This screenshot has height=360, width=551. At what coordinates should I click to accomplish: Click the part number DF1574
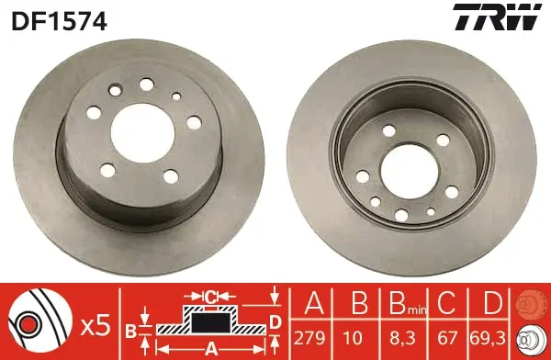59,20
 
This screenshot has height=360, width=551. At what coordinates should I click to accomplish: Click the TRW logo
497,17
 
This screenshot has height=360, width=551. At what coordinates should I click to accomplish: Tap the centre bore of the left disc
142,133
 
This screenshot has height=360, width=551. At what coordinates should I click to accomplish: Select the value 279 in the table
310,338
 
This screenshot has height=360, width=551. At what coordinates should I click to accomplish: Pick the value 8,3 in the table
403,338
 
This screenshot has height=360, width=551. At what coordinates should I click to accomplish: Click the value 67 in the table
447,338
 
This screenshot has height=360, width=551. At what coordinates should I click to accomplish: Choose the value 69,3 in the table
488,338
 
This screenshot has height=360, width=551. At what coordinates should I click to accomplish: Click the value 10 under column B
353,338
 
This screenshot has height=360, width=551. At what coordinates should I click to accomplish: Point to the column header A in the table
314,302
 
